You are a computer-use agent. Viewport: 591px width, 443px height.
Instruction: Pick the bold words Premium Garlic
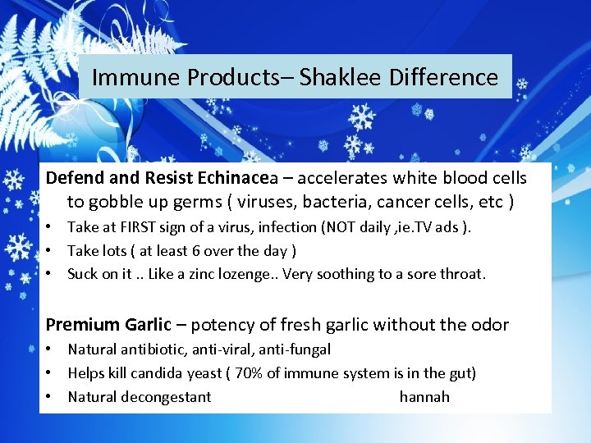coord(108,325)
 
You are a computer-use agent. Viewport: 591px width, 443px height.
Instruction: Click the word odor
coord(490,325)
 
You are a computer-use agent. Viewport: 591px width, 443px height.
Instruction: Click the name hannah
coord(424,397)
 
